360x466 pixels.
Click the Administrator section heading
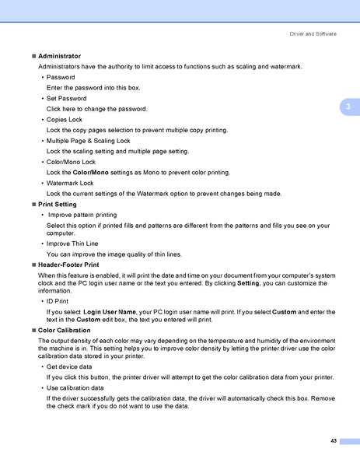[x=59, y=57]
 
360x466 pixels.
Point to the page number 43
[x=333, y=441]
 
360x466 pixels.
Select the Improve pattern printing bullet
[x=82, y=214]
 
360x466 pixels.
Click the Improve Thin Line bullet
[x=74, y=244]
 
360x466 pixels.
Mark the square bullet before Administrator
[x=33, y=57]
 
